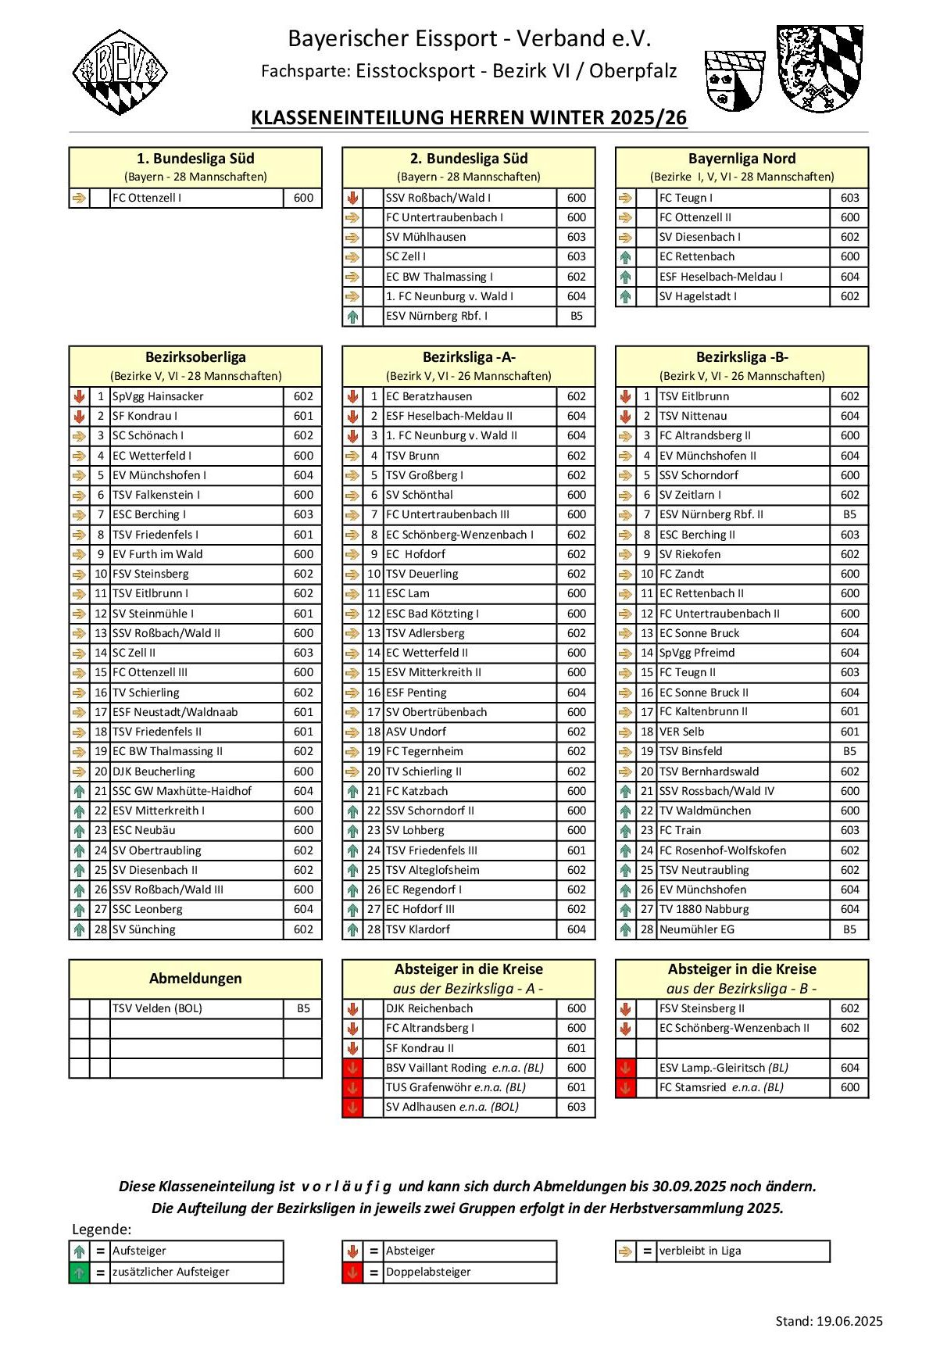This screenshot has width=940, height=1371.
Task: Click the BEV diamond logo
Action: pyautogui.click(x=120, y=72)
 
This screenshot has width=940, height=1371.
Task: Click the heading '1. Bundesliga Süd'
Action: pyautogui.click(x=195, y=159)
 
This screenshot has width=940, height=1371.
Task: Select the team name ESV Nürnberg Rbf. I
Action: pyautogui.click(x=437, y=317)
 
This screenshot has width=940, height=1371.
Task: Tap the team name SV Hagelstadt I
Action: pyautogui.click(x=698, y=297)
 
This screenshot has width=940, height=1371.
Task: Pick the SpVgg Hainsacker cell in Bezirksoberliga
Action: pyautogui.click(x=158, y=397)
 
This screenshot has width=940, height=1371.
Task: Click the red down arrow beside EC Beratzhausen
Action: pyautogui.click(x=352, y=397)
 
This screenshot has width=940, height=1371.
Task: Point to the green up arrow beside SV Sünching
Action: pyautogui.click(x=79, y=930)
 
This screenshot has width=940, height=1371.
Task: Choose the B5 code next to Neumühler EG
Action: pyautogui.click(x=849, y=930)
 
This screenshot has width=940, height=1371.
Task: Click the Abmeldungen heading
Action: pyautogui.click(x=195, y=979)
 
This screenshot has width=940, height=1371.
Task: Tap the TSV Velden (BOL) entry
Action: pyautogui.click(x=157, y=1009)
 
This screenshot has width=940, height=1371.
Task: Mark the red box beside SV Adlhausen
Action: pyautogui.click(x=352, y=1108)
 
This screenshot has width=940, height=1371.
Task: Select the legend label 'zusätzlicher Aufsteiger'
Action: pyautogui.click(x=171, y=1273)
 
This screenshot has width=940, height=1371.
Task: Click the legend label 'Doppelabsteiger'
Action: pyautogui.click(x=428, y=1273)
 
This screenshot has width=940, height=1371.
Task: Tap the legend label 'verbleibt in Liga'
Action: pyautogui.click(x=700, y=1251)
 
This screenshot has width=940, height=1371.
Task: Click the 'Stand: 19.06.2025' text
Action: pyautogui.click(x=829, y=1322)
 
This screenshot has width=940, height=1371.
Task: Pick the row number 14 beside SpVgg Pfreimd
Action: pyautogui.click(x=647, y=653)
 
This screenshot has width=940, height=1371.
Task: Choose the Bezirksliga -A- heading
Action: pyautogui.click(x=469, y=357)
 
